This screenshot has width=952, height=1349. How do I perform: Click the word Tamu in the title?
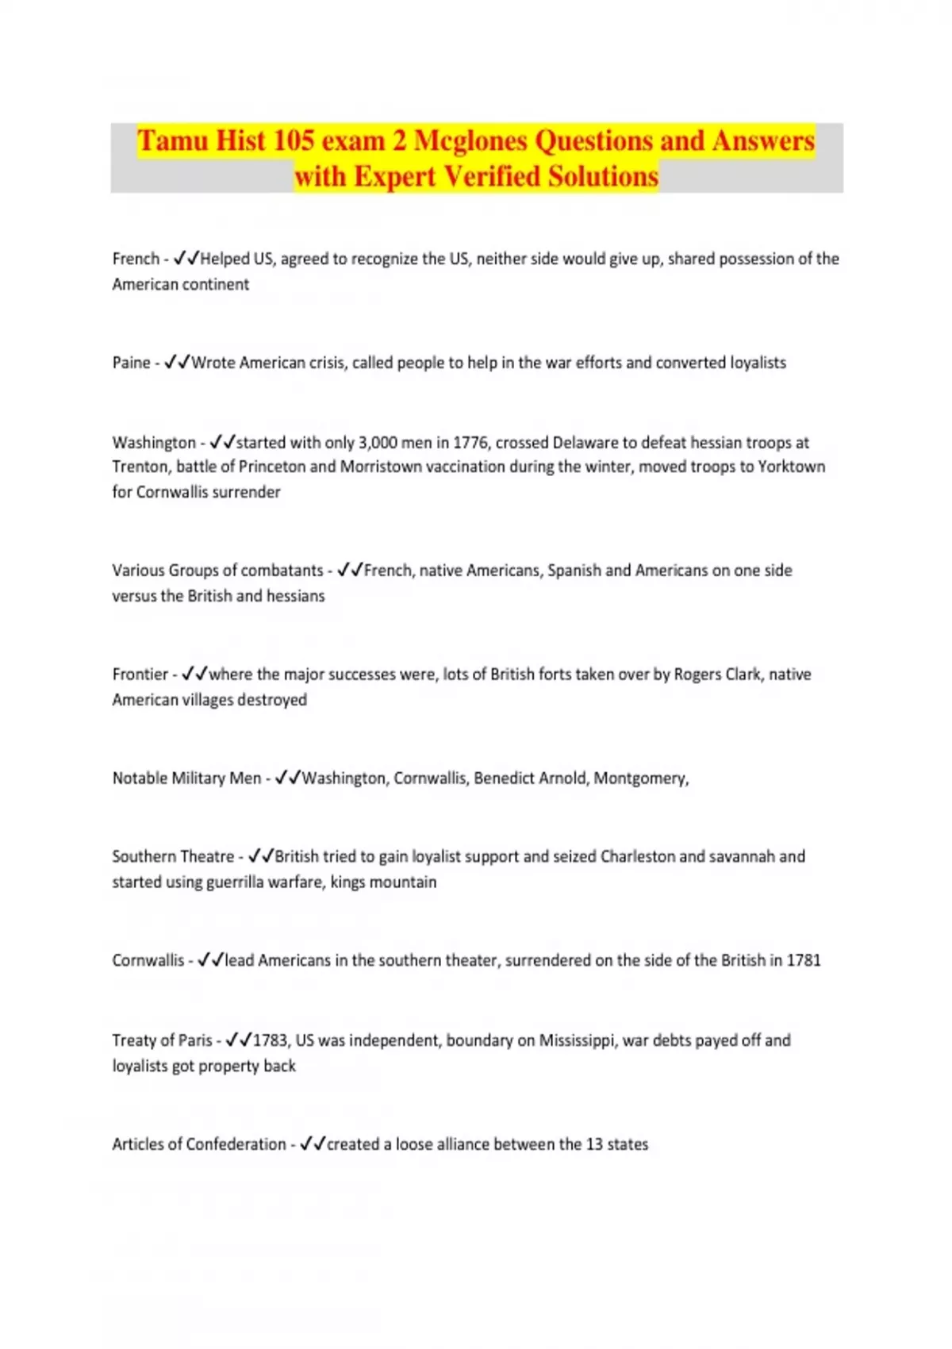coord(172,140)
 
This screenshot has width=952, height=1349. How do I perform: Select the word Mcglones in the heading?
coord(470,140)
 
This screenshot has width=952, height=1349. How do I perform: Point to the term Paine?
coord(131,363)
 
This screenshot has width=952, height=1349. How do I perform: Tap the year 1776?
coord(470,443)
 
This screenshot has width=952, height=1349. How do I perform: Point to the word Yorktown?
coord(791,467)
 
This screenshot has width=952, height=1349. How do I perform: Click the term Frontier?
coord(140,674)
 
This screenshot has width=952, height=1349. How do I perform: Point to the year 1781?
coord(804,961)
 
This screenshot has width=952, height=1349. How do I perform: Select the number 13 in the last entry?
coord(594,1144)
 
